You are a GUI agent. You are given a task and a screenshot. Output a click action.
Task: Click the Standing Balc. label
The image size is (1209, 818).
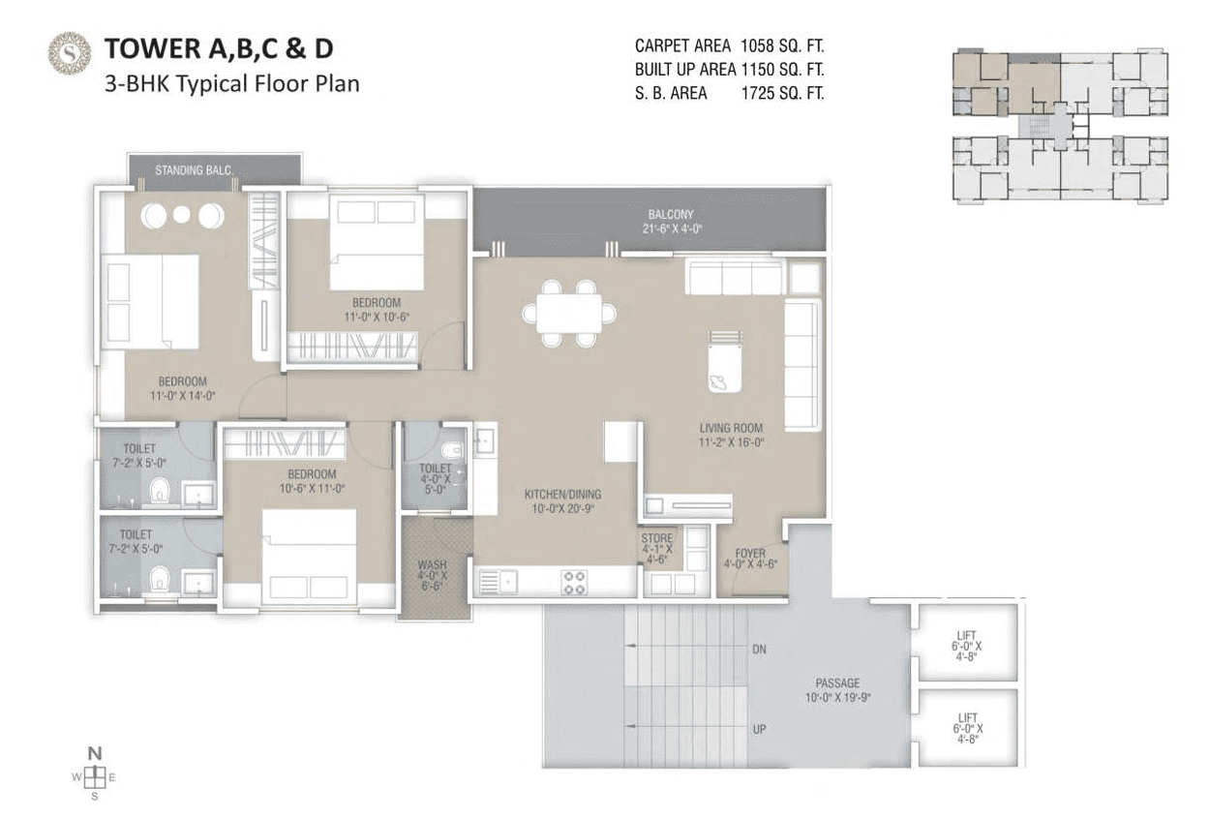pyautogui.click(x=195, y=170)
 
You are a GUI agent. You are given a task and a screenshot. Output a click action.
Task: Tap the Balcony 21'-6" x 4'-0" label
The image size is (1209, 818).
pyautogui.click(x=671, y=222)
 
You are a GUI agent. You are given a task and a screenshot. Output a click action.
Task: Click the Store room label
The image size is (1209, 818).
pyautogui.click(x=656, y=547)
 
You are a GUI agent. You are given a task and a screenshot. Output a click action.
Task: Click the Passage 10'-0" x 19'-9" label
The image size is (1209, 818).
pyautogui.click(x=837, y=689)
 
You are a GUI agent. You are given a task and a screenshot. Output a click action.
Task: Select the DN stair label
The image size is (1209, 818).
pyautogui.click(x=759, y=650)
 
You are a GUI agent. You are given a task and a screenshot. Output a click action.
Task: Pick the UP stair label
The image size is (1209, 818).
pyautogui.click(x=759, y=728)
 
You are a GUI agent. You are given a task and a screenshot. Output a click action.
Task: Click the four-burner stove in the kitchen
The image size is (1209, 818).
pyautogui.click(x=575, y=582)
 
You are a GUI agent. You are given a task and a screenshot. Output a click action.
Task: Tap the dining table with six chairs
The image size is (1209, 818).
pyautogui.click(x=569, y=313)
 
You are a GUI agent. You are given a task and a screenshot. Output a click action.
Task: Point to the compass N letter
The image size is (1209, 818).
pyautogui.click(x=94, y=752)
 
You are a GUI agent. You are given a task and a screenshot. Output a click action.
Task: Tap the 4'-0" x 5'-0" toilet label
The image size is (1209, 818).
pyautogui.click(x=436, y=478)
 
